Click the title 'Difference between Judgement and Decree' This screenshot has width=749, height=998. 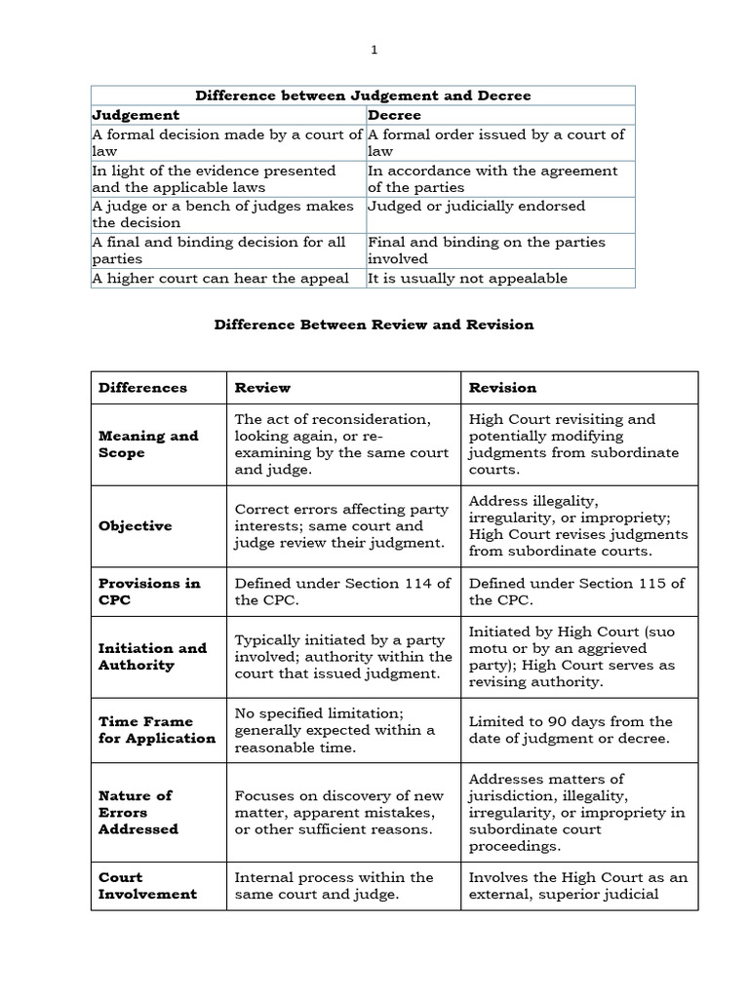click(363, 96)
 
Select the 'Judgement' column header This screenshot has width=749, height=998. click(136, 115)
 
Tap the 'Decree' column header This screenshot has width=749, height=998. click(394, 115)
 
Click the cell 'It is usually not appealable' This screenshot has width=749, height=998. click(467, 279)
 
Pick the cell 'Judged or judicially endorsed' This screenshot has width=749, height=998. click(476, 206)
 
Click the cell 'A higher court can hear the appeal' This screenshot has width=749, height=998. click(219, 279)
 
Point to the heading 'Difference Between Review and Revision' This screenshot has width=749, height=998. click(374, 325)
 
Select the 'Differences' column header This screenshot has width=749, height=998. click(142, 388)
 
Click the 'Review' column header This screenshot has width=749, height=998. click(262, 388)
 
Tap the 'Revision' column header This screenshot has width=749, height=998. click(502, 388)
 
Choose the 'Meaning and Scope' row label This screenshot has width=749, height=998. click(148, 444)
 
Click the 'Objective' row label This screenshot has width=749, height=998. click(135, 526)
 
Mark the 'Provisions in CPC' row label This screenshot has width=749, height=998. click(149, 592)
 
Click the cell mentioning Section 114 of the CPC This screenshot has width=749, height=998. click(342, 592)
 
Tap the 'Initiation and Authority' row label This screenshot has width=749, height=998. click(152, 657)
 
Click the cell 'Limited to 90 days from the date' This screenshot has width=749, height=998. click(571, 730)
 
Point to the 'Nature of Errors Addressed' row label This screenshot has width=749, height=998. click(138, 812)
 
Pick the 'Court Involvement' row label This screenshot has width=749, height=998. click(147, 886)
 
